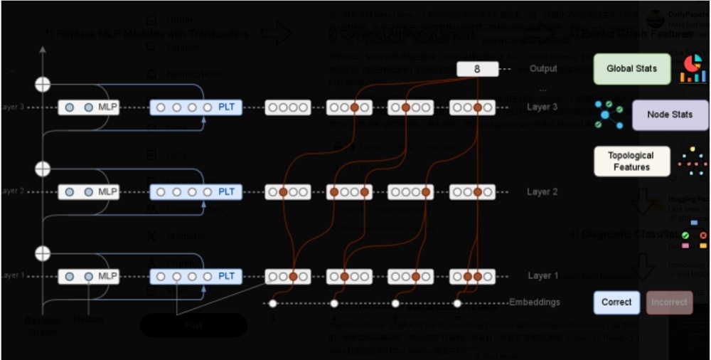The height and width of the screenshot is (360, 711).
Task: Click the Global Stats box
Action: [x=632, y=69]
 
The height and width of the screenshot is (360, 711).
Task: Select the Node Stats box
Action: [x=670, y=115]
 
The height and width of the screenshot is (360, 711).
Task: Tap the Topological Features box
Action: [x=632, y=162]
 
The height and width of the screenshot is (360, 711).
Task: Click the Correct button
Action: [x=616, y=302]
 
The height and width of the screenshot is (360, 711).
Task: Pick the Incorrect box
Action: [x=670, y=302]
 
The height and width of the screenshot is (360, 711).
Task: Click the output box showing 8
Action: [x=476, y=69]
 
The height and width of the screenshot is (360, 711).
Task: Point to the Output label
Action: [x=543, y=69]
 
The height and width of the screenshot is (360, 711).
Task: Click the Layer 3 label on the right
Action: [x=542, y=107]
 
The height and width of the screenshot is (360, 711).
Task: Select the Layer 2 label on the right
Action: [x=542, y=192]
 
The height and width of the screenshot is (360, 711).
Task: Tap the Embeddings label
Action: [x=535, y=302]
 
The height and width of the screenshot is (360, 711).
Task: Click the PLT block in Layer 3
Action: [x=196, y=107]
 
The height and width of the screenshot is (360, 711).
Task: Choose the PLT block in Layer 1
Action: [x=196, y=276]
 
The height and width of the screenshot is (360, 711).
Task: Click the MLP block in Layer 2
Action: [x=89, y=192]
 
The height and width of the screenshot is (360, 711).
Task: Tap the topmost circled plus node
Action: [x=43, y=84]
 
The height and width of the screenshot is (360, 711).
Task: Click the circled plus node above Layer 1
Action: [x=43, y=253]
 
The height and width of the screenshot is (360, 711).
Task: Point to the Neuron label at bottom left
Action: [x=89, y=320]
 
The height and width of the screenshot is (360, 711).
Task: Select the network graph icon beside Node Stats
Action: [x=609, y=115]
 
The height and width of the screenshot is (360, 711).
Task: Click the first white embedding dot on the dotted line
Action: [x=272, y=304]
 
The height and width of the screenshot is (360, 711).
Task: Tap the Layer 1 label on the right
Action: [x=542, y=276]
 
